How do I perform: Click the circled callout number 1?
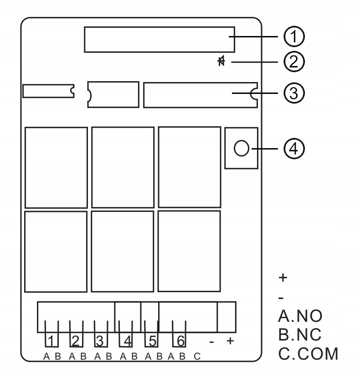click(x=294, y=36)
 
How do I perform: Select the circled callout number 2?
click(x=294, y=62)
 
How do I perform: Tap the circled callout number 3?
click(x=294, y=93)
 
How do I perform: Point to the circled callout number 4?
click(x=294, y=149)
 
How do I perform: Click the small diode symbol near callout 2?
click(x=221, y=61)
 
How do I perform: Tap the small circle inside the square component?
click(x=242, y=148)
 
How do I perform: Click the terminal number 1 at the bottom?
click(x=51, y=341)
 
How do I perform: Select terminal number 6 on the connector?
click(x=180, y=341)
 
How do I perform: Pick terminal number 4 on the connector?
click(x=128, y=341)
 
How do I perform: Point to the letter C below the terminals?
click(x=197, y=356)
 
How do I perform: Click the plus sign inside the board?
click(x=230, y=341)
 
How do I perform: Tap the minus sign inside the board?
click(x=211, y=342)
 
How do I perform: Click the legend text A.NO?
click(x=300, y=316)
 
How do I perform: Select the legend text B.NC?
click(x=300, y=335)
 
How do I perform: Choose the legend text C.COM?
click(x=308, y=353)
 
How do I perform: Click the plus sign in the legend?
click(x=283, y=278)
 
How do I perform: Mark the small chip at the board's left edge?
click(x=48, y=91)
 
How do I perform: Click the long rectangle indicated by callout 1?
click(x=159, y=40)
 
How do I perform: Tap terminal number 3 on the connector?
click(x=100, y=341)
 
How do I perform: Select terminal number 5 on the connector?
click(x=153, y=341)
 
